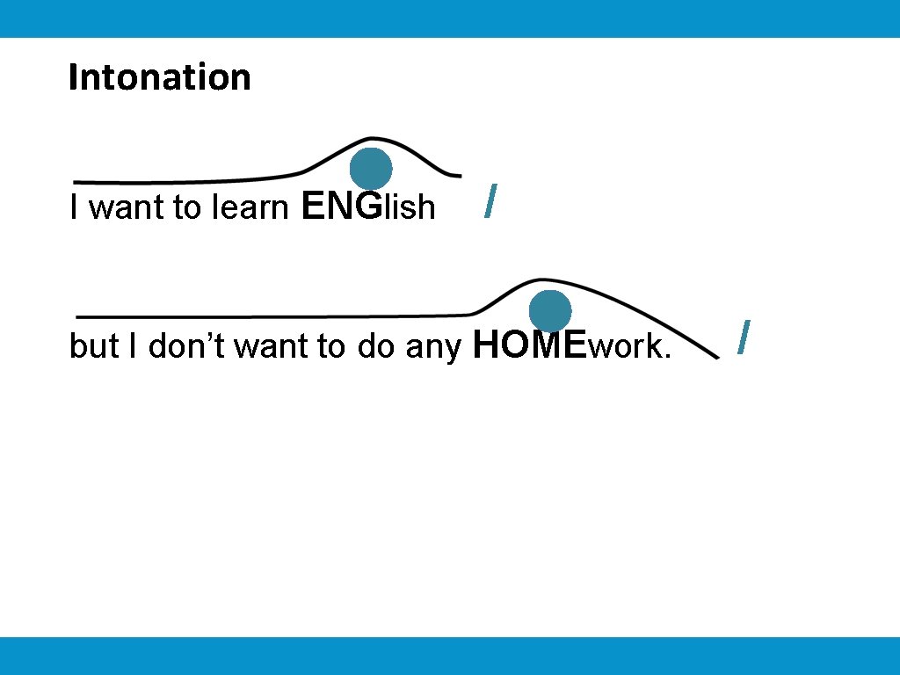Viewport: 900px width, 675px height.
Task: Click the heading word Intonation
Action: click(x=159, y=77)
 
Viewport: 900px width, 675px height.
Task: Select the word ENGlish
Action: click(x=367, y=207)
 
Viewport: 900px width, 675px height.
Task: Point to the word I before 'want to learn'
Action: click(x=75, y=207)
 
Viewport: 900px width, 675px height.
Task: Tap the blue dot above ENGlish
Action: click(x=371, y=169)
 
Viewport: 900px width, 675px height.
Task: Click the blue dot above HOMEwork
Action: click(x=550, y=311)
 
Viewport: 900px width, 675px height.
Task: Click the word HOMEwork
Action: click(x=571, y=346)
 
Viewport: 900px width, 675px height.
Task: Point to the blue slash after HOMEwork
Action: click(x=744, y=337)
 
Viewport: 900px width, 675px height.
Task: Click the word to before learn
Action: click(x=187, y=207)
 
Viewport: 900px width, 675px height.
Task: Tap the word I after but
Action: click(x=133, y=346)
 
